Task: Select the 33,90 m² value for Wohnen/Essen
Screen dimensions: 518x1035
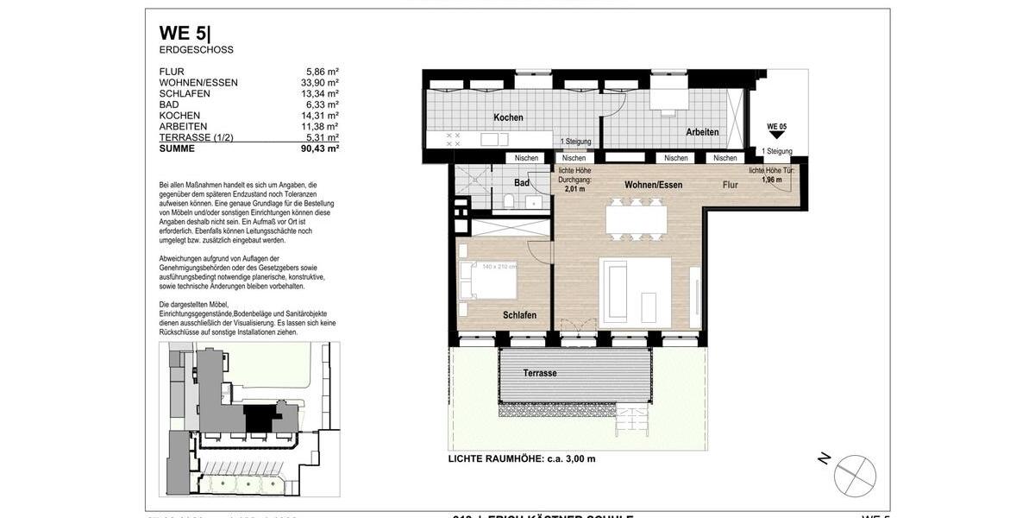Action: pyautogui.click(x=320, y=83)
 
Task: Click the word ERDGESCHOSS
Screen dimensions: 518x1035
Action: pyautogui.click(x=196, y=50)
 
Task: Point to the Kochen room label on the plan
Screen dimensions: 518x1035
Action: pyautogui.click(x=508, y=117)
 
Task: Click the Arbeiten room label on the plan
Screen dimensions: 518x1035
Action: pyautogui.click(x=702, y=132)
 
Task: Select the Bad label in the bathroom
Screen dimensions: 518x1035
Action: pyautogui.click(x=522, y=183)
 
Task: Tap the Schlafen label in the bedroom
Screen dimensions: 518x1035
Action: pyautogui.click(x=519, y=315)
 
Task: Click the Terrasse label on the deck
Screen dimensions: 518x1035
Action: pyautogui.click(x=540, y=373)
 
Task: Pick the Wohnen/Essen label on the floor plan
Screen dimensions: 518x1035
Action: pyautogui.click(x=654, y=185)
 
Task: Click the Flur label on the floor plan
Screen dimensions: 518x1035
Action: pyautogui.click(x=731, y=185)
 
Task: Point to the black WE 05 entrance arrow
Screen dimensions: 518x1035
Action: pyautogui.click(x=776, y=135)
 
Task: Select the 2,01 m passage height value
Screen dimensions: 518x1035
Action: pyautogui.click(x=574, y=188)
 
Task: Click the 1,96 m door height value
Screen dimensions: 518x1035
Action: pyautogui.click(x=772, y=180)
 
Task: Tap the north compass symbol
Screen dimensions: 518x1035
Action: pyautogui.click(x=854, y=475)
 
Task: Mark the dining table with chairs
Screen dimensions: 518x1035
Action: pyautogui.click(x=635, y=218)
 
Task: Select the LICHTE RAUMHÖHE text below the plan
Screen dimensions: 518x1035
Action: pyautogui.click(x=521, y=458)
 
